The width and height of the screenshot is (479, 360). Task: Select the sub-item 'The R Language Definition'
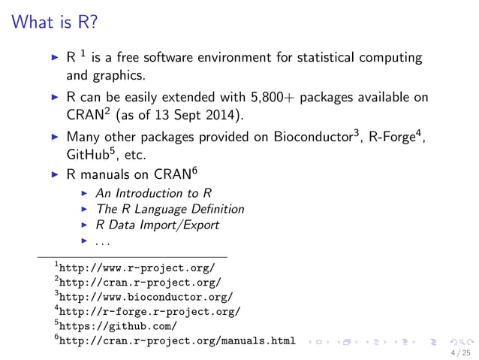click(x=170, y=209)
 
